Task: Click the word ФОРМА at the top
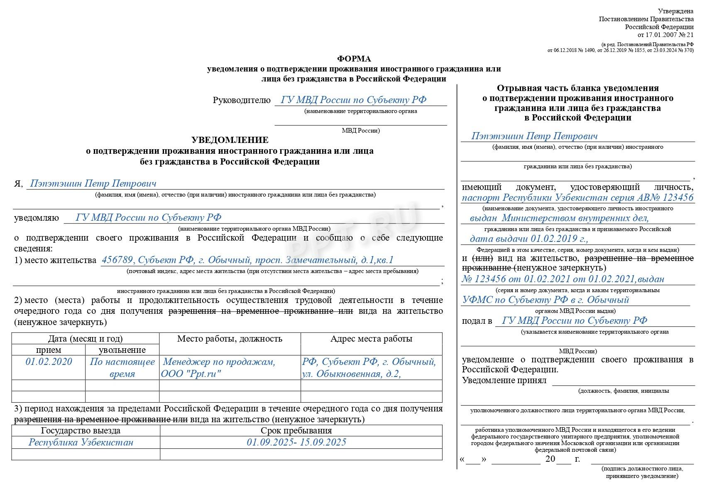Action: point(354,59)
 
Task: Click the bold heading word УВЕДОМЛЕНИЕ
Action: point(230,140)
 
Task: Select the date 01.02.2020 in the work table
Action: point(49,362)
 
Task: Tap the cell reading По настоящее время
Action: point(122,367)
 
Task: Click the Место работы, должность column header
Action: point(230,339)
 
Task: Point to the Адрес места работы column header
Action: point(371,339)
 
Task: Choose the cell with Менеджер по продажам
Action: point(219,362)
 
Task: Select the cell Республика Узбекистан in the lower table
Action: point(81,442)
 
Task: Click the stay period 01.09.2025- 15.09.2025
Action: point(296,442)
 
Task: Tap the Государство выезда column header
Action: point(81,431)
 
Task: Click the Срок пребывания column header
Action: point(296,431)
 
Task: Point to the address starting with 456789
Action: point(247,260)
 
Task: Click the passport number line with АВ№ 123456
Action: point(577,197)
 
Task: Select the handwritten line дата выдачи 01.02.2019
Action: point(529,239)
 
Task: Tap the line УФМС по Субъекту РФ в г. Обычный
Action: point(546,300)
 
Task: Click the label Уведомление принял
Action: point(504,380)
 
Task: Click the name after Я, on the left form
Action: point(93,183)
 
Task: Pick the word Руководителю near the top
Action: point(242,100)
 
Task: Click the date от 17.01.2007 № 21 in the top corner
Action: point(665,35)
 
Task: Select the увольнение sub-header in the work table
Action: point(122,350)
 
